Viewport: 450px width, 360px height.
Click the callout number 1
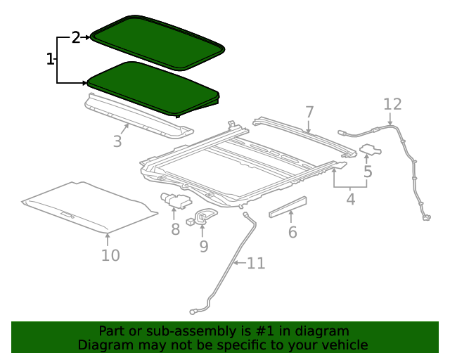[x=50, y=59]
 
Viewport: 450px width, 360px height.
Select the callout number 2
[x=76, y=38]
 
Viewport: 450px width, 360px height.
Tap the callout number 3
[x=117, y=141]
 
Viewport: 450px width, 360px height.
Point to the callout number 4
[x=350, y=200]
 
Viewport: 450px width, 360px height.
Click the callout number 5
[x=368, y=171]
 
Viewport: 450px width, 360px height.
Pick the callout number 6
[x=292, y=232]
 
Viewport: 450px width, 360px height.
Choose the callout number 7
[x=309, y=112]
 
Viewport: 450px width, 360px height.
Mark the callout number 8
[x=175, y=229]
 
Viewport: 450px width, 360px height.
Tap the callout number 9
[x=204, y=246]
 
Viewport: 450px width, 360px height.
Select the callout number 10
[x=110, y=255]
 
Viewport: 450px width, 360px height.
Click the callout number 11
[x=256, y=264]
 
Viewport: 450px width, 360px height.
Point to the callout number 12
[x=392, y=105]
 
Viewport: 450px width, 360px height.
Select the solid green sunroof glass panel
[x=151, y=86]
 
